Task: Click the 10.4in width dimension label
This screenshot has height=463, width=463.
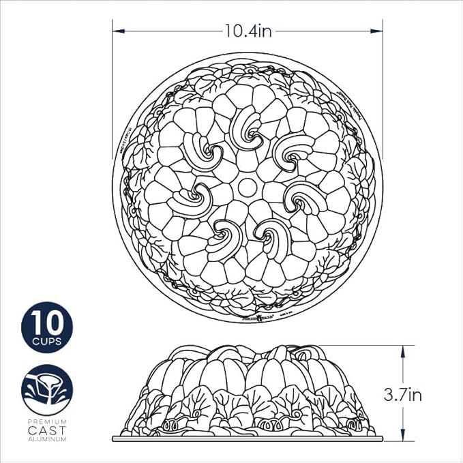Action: pos(249,31)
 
